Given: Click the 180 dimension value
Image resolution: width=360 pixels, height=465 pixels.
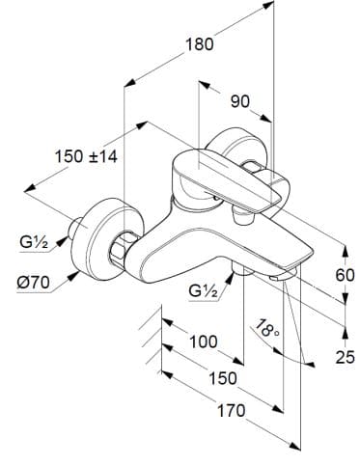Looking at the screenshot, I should point(199,44).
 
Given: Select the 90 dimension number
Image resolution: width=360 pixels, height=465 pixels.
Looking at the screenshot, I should point(240,100).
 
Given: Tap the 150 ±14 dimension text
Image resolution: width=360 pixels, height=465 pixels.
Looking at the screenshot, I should point(87,156).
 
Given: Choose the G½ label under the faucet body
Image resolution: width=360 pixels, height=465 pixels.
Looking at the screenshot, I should point(203,290).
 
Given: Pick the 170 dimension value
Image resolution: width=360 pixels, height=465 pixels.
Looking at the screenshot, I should point(229,410).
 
